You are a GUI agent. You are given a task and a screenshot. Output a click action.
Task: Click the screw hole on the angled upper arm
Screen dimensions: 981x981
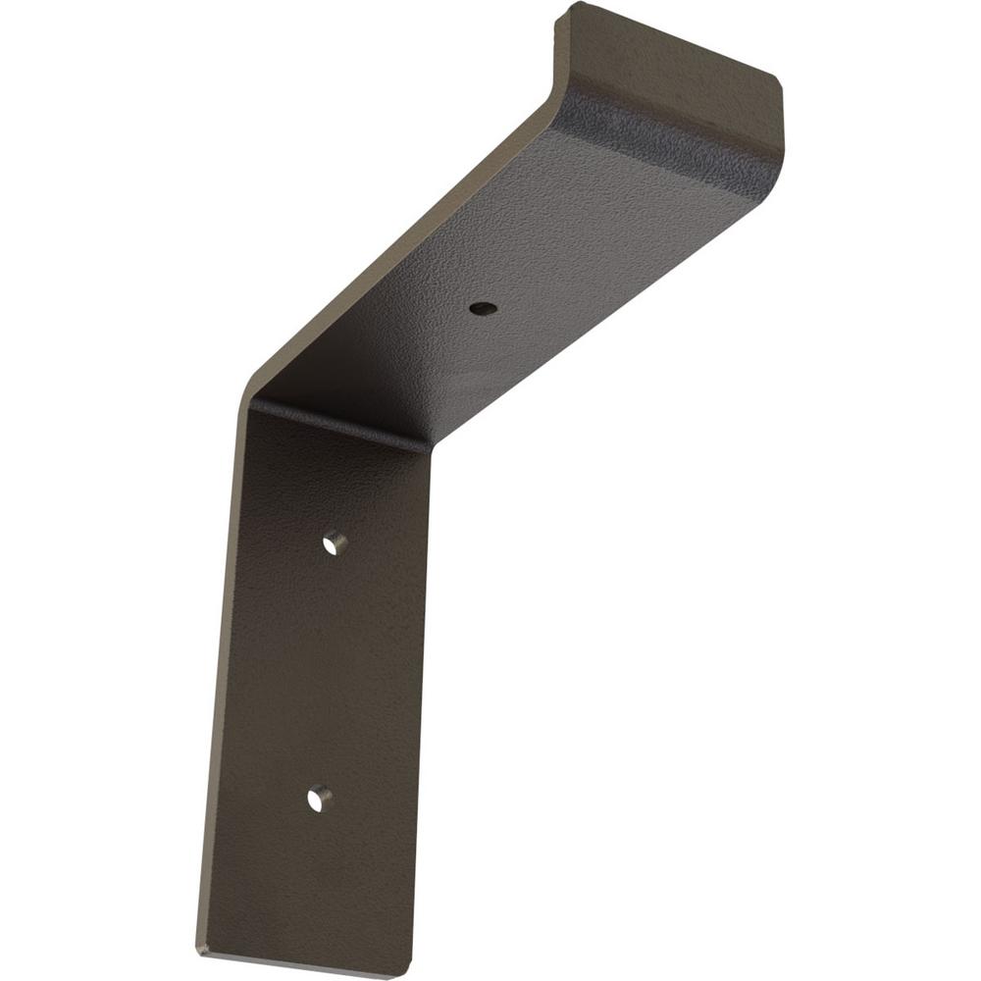point(483,308)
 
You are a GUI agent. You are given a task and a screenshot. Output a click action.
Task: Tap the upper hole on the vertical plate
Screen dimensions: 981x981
point(335,542)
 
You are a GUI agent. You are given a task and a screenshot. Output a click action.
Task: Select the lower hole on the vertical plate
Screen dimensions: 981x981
point(318,800)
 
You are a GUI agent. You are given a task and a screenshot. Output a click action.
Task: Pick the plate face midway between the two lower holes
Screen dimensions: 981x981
point(326,671)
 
